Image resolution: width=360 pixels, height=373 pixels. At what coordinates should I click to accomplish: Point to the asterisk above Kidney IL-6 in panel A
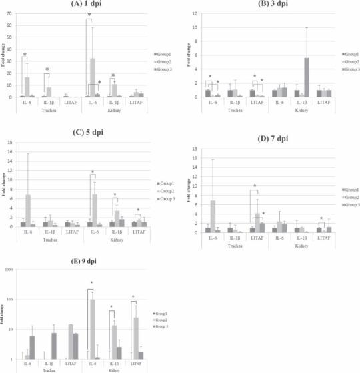point(89,15)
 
